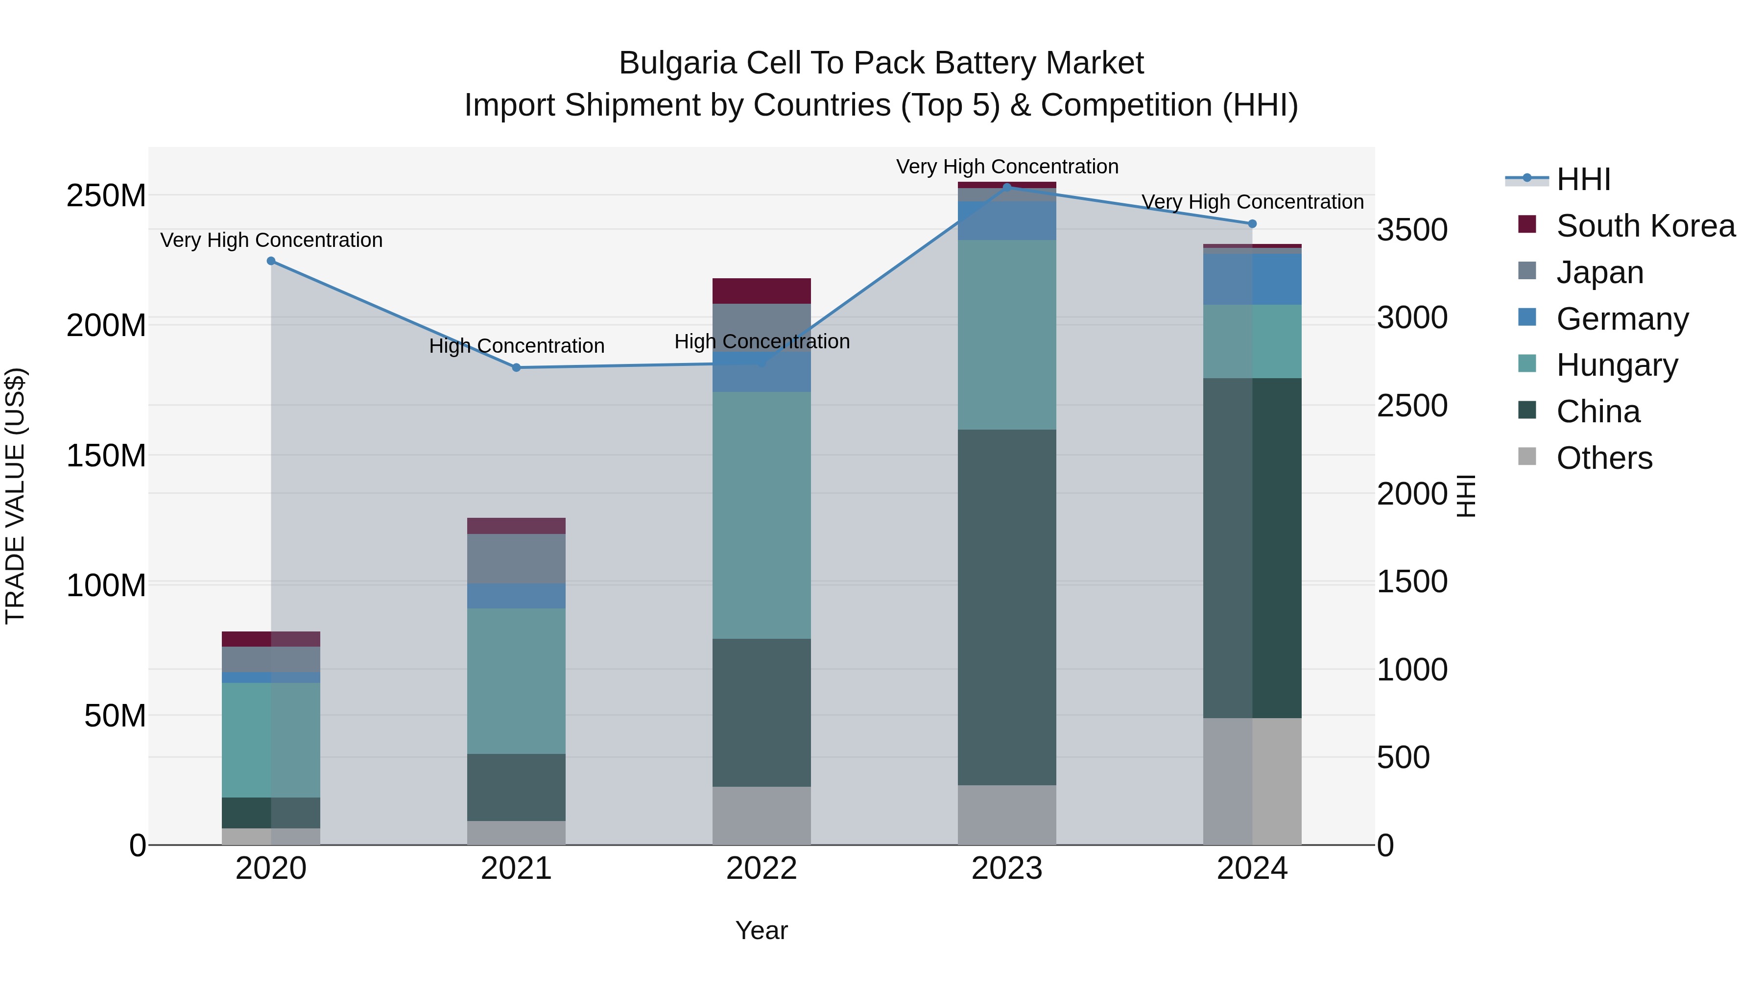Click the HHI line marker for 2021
pyautogui.click(x=517, y=367)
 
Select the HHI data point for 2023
pyautogui.click(x=1007, y=187)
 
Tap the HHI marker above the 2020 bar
pyautogui.click(x=271, y=261)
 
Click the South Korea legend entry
pyautogui.click(x=1645, y=226)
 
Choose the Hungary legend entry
pyautogui.click(x=1617, y=365)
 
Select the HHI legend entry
pyautogui.click(x=1583, y=179)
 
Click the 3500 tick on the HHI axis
pyautogui.click(x=1412, y=230)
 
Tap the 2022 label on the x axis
pyautogui.click(x=761, y=869)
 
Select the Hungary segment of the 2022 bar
pyautogui.click(x=761, y=515)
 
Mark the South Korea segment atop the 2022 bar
pyautogui.click(x=761, y=291)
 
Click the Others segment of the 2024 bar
pyautogui.click(x=1252, y=781)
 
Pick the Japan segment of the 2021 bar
pyautogui.click(x=517, y=558)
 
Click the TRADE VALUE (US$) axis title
pyautogui.click(x=15, y=496)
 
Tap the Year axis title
pyautogui.click(x=761, y=930)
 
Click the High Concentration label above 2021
pyautogui.click(x=517, y=346)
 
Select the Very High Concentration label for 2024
pyautogui.click(x=1252, y=202)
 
